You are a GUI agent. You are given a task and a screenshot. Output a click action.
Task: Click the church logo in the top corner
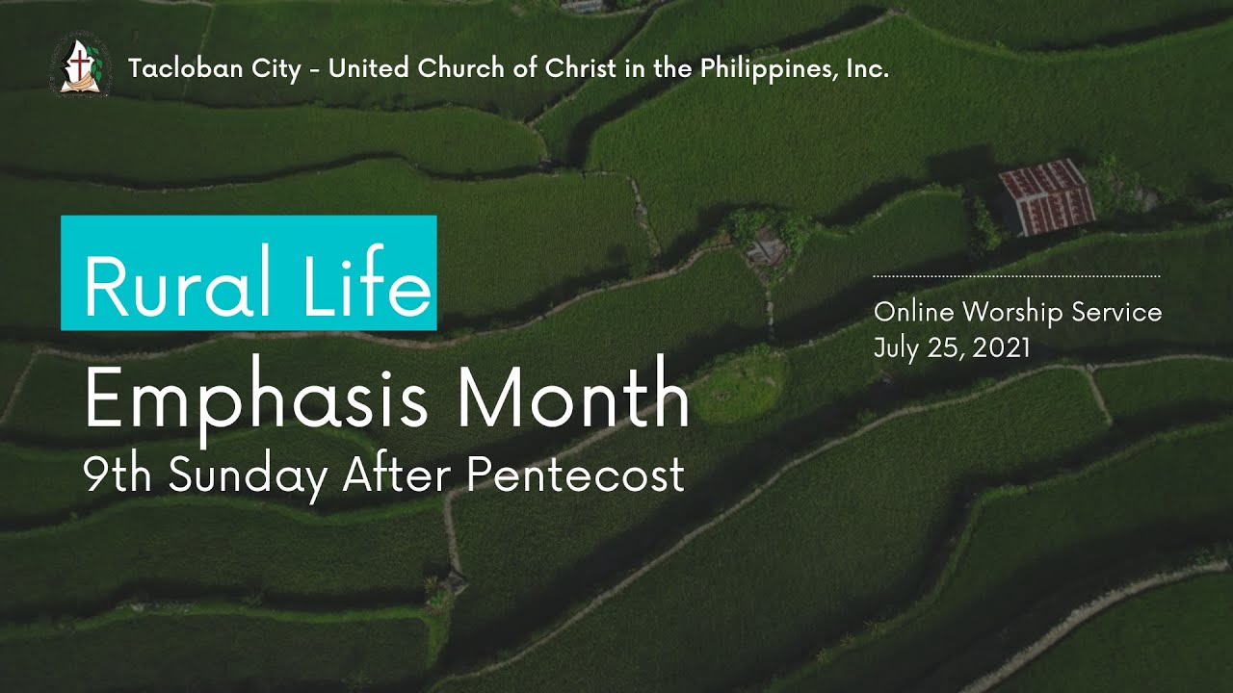click(73, 65)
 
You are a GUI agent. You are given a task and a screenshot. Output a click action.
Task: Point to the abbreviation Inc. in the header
click(867, 69)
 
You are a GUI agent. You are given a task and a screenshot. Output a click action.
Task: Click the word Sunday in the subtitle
click(248, 476)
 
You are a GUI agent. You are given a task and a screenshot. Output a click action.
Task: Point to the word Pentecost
click(577, 475)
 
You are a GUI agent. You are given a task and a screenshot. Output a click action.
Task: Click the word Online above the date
click(913, 312)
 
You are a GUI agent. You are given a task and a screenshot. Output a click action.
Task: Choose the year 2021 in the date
click(1002, 347)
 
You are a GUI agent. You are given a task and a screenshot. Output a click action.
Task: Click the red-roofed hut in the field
click(1045, 197)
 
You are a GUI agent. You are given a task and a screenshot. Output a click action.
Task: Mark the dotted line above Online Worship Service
click(1016, 276)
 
